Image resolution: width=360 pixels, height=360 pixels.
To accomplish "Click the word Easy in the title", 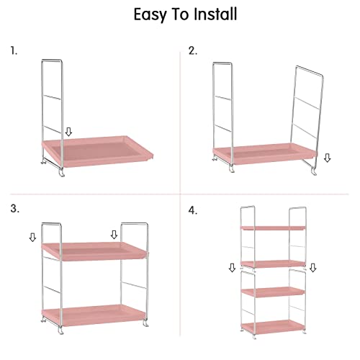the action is click(150, 15).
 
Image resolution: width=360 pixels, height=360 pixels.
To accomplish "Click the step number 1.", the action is click(14, 51).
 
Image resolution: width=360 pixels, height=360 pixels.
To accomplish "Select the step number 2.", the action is click(193, 51).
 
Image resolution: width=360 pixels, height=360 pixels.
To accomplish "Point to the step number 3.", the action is click(14, 209).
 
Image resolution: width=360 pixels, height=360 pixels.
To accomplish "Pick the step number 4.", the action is click(193, 210).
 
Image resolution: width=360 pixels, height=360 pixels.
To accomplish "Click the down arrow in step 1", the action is click(69, 132).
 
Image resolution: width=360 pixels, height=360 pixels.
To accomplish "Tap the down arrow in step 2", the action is click(328, 158).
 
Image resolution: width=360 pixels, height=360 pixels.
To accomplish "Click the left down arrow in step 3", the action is click(32, 238).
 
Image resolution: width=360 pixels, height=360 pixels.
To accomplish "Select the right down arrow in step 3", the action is click(114, 235).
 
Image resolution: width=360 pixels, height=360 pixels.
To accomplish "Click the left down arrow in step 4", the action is click(232, 268).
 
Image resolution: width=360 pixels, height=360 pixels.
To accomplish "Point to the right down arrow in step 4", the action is click(312, 268).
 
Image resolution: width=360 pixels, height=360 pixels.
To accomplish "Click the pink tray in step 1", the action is click(98, 151).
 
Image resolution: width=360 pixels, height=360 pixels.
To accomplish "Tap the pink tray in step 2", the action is click(265, 153).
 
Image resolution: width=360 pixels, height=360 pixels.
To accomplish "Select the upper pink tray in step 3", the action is click(95, 251).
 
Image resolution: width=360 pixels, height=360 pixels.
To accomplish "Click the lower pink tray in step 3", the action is click(94, 315).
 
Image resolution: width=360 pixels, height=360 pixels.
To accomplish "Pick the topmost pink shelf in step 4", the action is click(273, 228).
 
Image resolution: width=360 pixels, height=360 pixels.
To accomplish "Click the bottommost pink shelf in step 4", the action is click(273, 327).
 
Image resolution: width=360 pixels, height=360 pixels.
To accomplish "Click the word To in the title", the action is click(180, 14).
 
